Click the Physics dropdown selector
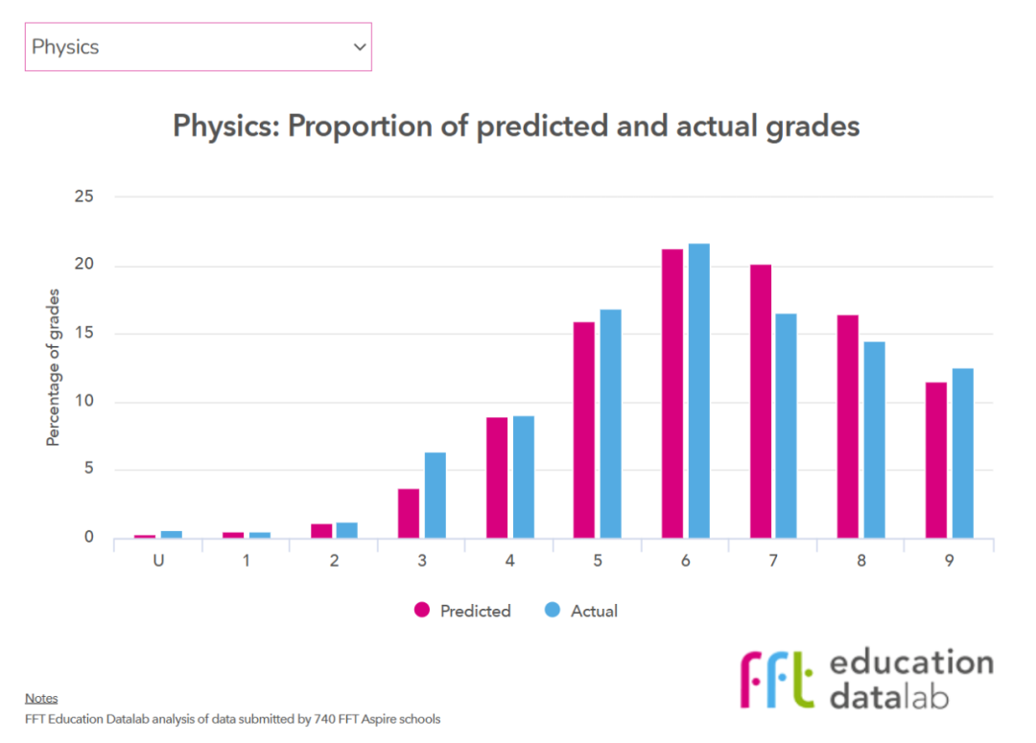tap(197, 47)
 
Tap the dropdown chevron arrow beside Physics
tap(360, 47)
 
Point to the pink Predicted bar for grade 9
tap(936, 460)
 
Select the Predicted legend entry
tap(464, 611)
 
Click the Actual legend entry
tap(582, 611)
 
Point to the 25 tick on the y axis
tap(84, 197)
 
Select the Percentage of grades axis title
tap(54, 367)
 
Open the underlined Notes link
tap(41, 698)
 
